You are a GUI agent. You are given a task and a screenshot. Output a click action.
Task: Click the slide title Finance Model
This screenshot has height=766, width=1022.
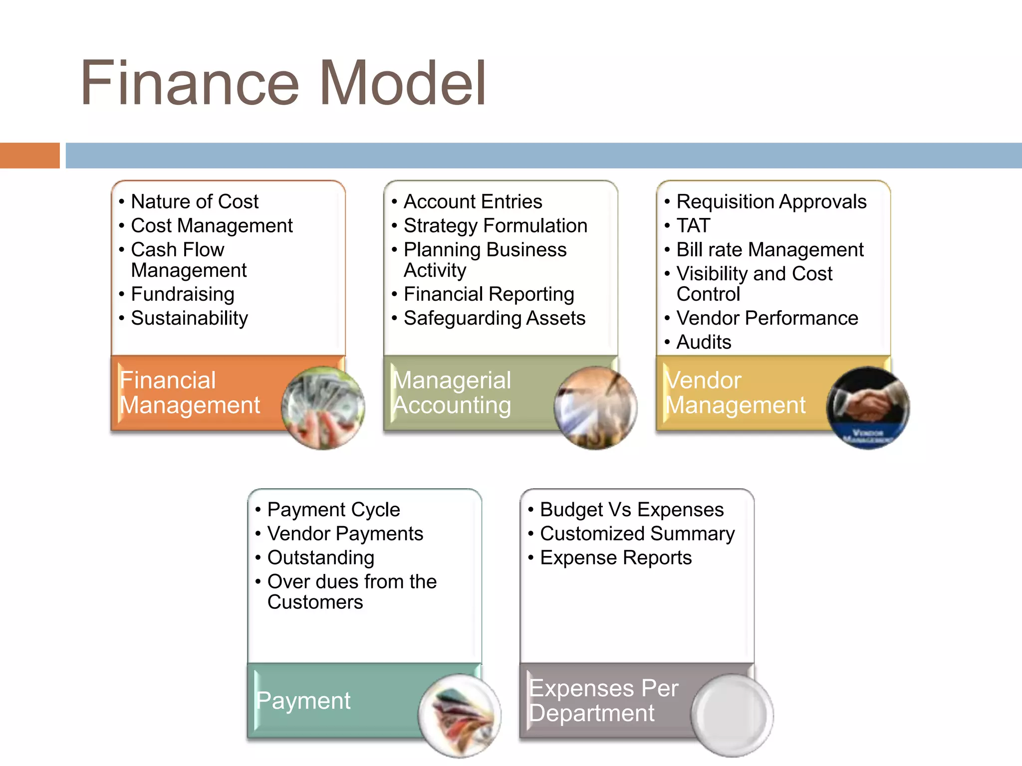283,83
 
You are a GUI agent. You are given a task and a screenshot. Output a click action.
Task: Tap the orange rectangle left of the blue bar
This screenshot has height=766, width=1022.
29,155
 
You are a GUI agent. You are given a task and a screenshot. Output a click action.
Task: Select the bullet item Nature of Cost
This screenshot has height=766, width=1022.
195,201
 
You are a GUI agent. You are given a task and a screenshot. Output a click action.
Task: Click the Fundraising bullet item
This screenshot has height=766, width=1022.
183,294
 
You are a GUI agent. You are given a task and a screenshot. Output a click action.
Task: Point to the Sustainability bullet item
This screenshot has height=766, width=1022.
189,318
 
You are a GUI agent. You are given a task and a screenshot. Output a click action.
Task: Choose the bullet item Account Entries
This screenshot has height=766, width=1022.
473,201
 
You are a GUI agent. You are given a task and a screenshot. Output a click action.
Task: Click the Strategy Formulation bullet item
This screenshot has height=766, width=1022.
495,225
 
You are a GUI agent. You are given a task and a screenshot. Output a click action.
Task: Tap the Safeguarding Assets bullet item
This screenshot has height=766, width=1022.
494,318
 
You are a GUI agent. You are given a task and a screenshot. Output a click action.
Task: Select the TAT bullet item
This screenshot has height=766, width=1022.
693,225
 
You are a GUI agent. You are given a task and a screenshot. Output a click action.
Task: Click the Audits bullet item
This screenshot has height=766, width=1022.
704,342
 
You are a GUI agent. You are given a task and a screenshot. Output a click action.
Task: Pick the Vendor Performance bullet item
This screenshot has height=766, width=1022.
767,318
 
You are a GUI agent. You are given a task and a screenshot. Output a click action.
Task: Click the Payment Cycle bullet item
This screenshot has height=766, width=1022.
333,510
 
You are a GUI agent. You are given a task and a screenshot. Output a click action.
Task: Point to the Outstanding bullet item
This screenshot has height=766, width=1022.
320,558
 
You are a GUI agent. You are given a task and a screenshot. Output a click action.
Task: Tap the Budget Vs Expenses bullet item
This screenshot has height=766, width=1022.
632,510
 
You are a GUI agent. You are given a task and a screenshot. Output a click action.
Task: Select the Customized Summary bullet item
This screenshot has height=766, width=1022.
637,534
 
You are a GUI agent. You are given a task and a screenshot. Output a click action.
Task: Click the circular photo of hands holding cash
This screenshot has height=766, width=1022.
323,408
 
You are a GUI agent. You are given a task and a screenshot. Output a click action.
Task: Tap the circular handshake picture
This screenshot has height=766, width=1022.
868,408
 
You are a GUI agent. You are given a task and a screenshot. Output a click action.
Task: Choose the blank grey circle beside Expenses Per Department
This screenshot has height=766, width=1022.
732,715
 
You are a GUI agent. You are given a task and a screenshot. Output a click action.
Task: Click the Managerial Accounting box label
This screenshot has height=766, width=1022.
452,393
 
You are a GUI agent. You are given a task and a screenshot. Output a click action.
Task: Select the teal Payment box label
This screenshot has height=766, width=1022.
303,701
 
